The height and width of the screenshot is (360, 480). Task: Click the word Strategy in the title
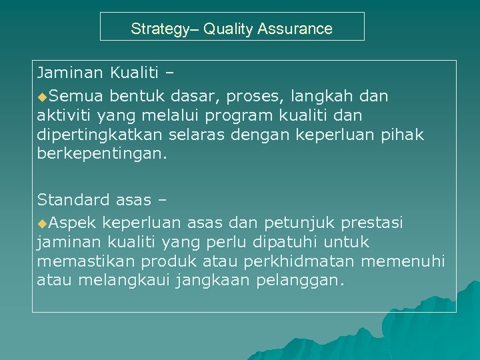tap(157, 29)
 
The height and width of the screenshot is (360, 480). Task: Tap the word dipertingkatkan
tap(91, 135)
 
